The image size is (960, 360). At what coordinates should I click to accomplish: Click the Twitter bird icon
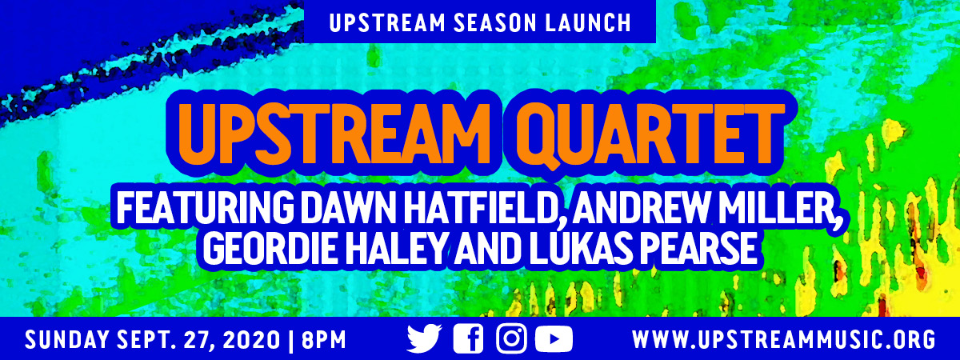[x=424, y=338]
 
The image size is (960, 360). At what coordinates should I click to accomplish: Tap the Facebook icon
[x=469, y=338]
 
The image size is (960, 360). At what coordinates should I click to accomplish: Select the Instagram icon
[x=511, y=338]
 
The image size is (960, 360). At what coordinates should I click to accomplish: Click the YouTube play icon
[x=554, y=339]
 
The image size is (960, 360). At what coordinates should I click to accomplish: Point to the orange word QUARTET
[x=650, y=134]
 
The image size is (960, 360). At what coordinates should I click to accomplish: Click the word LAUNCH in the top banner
[x=587, y=22]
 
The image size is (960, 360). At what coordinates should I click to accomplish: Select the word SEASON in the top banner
[x=494, y=22]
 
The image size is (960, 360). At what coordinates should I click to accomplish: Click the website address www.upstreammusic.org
[x=783, y=340]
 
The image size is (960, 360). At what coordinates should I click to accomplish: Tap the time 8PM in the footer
[x=323, y=340]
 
